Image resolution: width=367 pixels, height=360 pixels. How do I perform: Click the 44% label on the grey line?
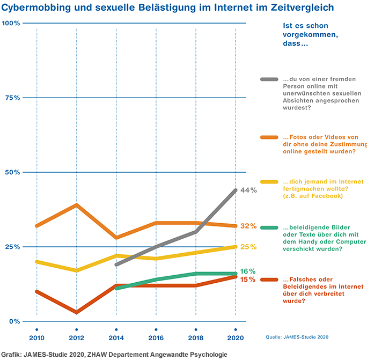pos(248,190)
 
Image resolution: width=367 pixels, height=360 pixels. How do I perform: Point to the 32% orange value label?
pos(248,226)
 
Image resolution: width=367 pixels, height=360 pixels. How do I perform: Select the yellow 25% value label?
pos(248,247)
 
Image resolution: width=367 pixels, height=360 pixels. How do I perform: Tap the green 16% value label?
pos(247,271)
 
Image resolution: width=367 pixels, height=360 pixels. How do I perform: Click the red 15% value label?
pos(247,279)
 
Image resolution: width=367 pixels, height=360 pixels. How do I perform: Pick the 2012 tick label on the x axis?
pos(76,338)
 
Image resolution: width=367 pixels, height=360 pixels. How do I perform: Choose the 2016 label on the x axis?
pos(156,338)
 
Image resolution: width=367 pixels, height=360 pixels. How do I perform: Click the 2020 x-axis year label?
pos(236,338)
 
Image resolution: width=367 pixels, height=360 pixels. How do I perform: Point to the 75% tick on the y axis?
pos(11,98)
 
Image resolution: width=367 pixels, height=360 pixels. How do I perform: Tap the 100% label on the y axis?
pos(10,23)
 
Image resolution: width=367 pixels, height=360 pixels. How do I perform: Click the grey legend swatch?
pos(269,79)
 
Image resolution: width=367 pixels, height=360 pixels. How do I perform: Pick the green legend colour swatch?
pos(269,227)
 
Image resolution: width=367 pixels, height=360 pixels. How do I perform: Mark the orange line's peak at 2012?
pos(77,205)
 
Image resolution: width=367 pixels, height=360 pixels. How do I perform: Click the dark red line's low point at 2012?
pos(77,312)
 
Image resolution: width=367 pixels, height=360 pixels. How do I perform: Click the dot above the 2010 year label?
pos(36,329)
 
